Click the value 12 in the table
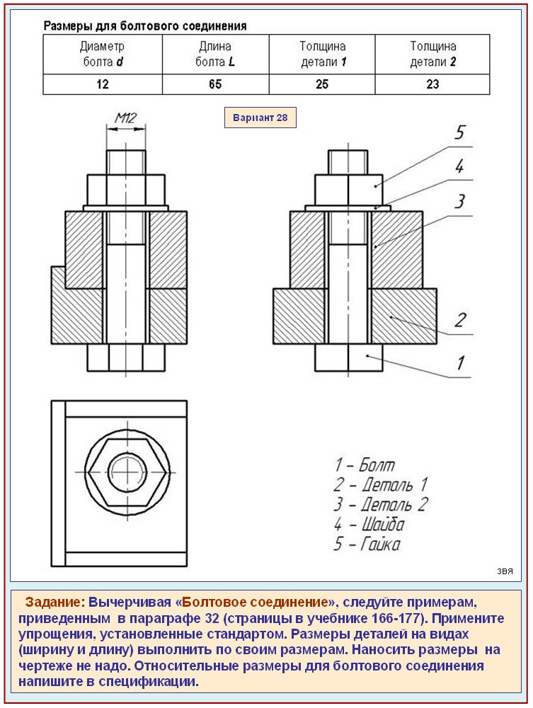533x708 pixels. [103, 84]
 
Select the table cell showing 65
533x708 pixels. [215, 84]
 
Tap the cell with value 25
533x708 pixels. [322, 84]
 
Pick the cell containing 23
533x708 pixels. [432, 84]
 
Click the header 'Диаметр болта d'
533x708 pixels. [103, 54]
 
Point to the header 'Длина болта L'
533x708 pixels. [215, 54]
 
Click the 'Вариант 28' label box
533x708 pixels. [260, 118]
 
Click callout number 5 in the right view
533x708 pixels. [460, 132]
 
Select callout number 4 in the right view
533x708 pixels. [459, 167]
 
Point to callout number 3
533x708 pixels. [459, 202]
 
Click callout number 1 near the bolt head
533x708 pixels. [459, 363]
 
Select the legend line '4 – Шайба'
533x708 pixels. [369, 525]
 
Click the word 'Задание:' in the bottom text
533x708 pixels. [55, 603]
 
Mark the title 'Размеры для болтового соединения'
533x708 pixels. [145, 26]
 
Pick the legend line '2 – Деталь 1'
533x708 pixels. [380, 485]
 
